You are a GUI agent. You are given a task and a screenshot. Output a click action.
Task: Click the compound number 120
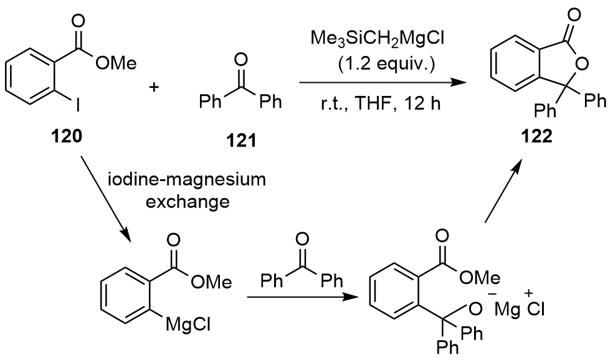tap(67, 136)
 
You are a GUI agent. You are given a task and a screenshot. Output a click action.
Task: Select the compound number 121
tap(241, 140)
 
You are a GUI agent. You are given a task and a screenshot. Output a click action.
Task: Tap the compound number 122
tap(536, 136)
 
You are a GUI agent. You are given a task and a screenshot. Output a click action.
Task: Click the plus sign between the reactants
tap(154, 87)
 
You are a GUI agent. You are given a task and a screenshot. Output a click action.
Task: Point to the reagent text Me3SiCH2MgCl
tap(378, 39)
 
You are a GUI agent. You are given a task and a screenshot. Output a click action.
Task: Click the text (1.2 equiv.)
tap(386, 64)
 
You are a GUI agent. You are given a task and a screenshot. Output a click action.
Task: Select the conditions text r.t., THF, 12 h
tap(381, 104)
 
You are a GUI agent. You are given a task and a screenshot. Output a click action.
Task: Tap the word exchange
tap(188, 202)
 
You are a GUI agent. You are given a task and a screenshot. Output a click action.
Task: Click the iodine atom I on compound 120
tap(78, 105)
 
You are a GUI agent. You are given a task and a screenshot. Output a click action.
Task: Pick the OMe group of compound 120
tap(116, 64)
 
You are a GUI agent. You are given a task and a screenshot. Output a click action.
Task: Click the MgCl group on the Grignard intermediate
tap(188, 324)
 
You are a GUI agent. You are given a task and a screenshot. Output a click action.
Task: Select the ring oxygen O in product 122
tap(582, 64)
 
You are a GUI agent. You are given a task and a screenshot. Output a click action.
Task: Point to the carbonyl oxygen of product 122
tap(574, 15)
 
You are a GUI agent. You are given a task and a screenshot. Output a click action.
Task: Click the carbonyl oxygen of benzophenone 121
tap(241, 60)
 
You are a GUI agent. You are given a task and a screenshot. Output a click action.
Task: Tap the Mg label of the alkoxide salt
tap(508, 310)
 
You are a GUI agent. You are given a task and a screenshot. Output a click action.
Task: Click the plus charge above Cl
tap(530, 293)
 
